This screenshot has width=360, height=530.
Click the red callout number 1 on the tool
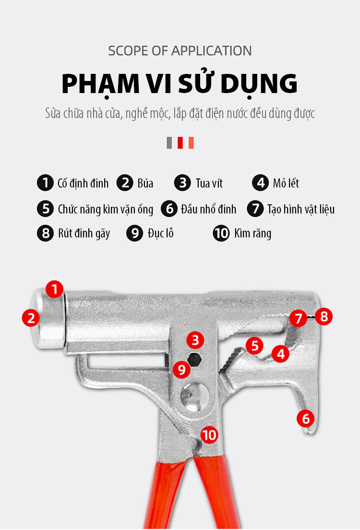[54, 289]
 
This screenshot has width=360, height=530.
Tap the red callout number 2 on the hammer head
[31, 318]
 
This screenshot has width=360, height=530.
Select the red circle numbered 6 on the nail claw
[306, 418]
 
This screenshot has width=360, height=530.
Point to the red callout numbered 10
[209, 435]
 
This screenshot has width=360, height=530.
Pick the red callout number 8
[324, 317]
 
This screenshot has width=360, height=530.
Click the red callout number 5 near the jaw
[254, 345]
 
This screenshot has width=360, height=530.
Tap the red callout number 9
[182, 369]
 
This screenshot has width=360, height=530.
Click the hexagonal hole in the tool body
[195, 359]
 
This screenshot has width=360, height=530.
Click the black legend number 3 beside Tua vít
[183, 183]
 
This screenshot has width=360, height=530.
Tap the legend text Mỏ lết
[286, 183]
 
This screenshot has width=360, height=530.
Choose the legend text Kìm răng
[253, 233]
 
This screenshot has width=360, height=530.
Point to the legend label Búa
[145, 183]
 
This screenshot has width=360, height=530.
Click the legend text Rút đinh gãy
[84, 233]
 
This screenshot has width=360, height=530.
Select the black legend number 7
[255, 208]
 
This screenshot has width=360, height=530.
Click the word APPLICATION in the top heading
[212, 51]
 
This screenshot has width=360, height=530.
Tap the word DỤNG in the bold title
[259, 84]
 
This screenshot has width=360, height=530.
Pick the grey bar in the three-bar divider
[169, 142]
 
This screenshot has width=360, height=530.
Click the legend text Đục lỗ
[161, 233]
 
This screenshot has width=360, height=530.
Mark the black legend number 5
[46, 208]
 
